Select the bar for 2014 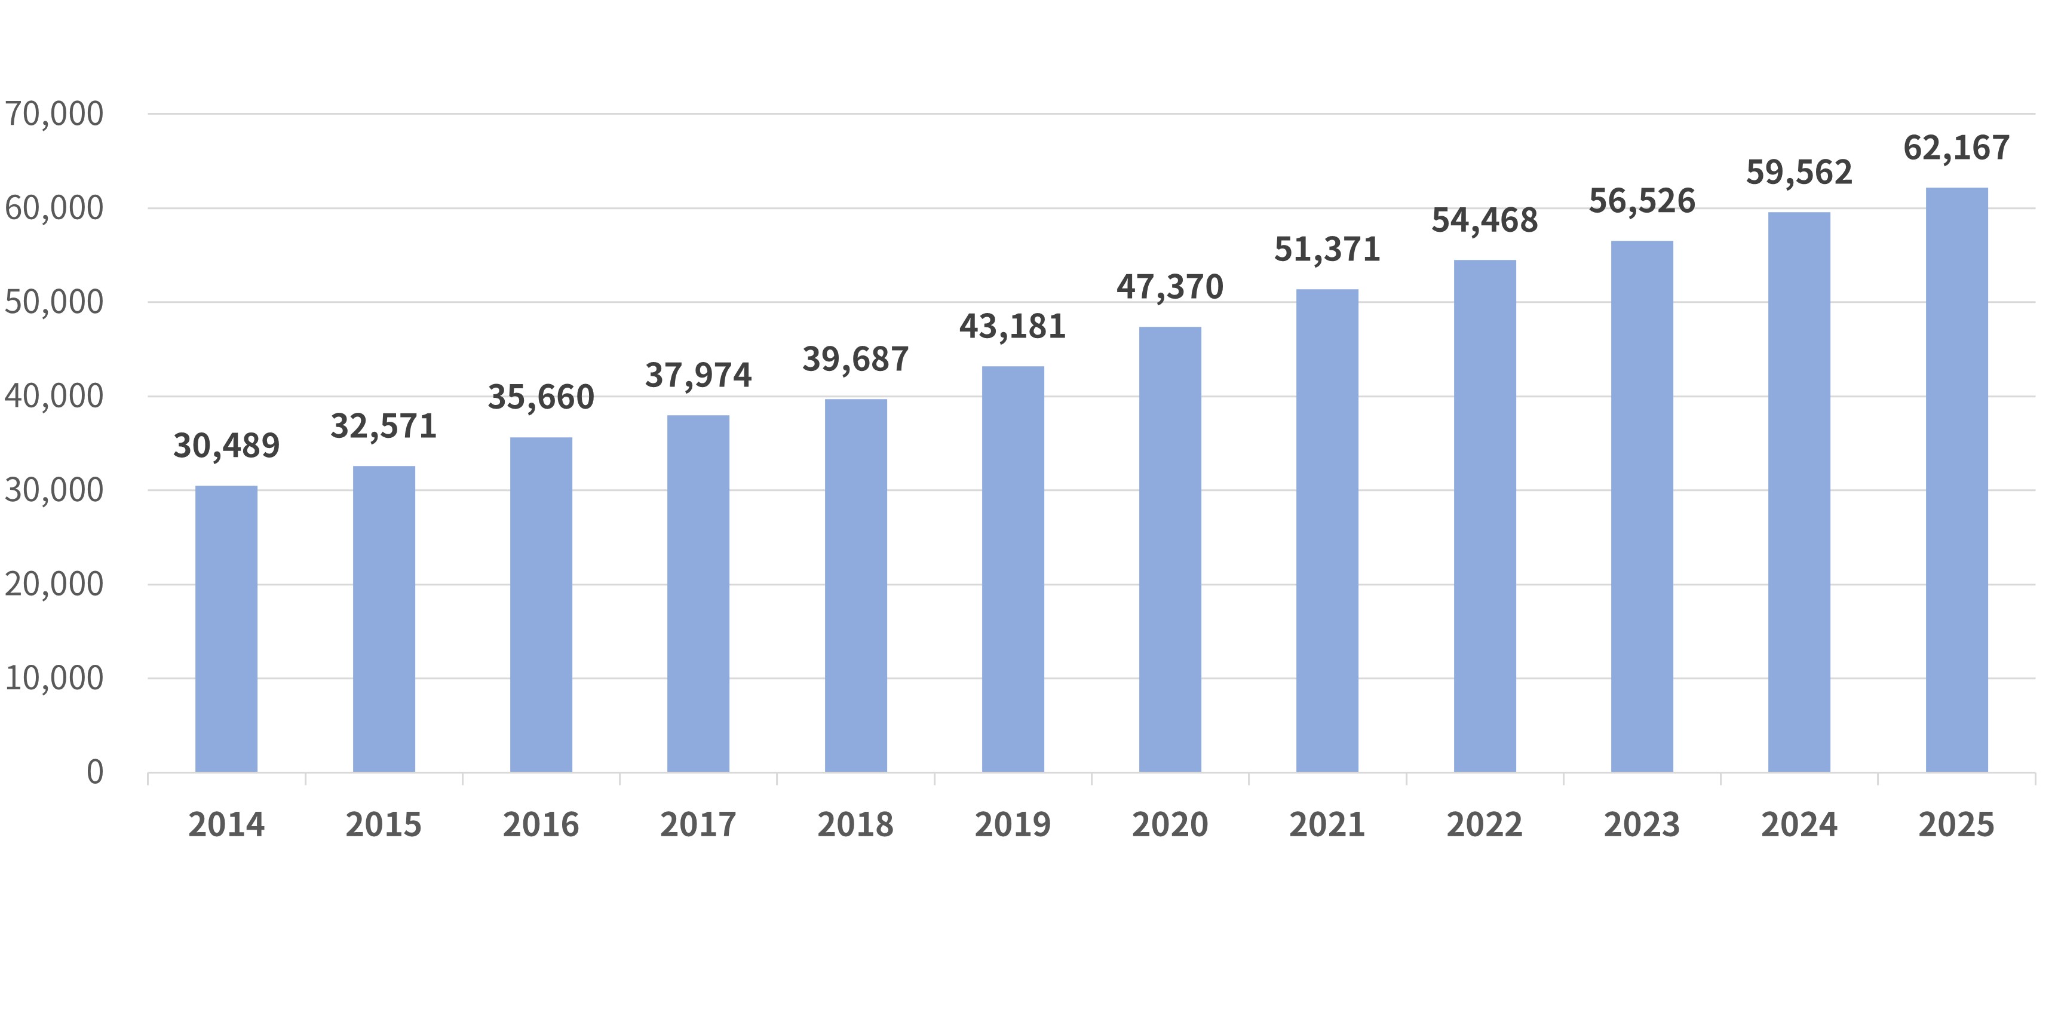click(x=226, y=629)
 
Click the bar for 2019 click(x=1013, y=569)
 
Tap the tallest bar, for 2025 click(x=1957, y=480)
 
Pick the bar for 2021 click(x=1327, y=530)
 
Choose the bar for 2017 click(x=698, y=594)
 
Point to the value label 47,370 click(x=1170, y=287)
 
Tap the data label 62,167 click(x=1957, y=148)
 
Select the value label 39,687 click(x=855, y=360)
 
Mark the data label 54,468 click(x=1484, y=221)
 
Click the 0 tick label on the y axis click(x=95, y=772)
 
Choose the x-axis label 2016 click(x=541, y=825)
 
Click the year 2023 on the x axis click(x=1642, y=825)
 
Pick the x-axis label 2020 click(x=1170, y=825)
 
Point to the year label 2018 click(x=855, y=825)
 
